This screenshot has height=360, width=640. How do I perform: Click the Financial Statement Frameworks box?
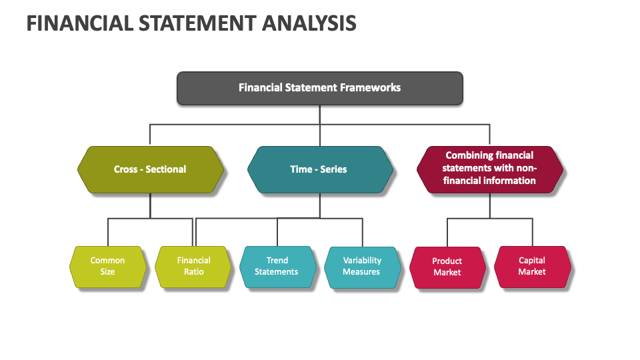pyautogui.click(x=319, y=87)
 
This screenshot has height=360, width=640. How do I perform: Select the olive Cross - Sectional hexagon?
pyautogui.click(x=150, y=169)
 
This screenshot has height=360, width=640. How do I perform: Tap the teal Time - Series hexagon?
pyautogui.click(x=319, y=169)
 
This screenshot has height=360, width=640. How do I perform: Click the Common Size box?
pyautogui.click(x=107, y=266)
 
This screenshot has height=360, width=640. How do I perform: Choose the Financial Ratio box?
pyautogui.click(x=193, y=266)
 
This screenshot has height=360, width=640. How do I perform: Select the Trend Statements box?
pyautogui.click(x=277, y=266)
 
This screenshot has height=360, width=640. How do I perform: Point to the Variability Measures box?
pyautogui.click(x=362, y=266)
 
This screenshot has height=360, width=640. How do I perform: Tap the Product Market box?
pyautogui.click(x=447, y=267)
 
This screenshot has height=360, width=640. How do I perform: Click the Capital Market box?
pyautogui.click(x=532, y=266)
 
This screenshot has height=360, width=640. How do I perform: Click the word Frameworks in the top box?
pyautogui.click(x=370, y=87)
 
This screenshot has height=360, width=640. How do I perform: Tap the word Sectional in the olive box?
pyautogui.click(x=165, y=169)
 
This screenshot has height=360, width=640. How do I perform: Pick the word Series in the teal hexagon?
pyautogui.click(x=333, y=169)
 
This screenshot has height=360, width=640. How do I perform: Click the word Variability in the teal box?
pyautogui.click(x=362, y=261)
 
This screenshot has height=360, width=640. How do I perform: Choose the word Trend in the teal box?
pyautogui.click(x=277, y=261)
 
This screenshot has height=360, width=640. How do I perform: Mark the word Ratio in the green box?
pyautogui.click(x=193, y=272)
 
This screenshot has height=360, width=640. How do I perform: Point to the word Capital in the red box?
pyautogui.click(x=532, y=261)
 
